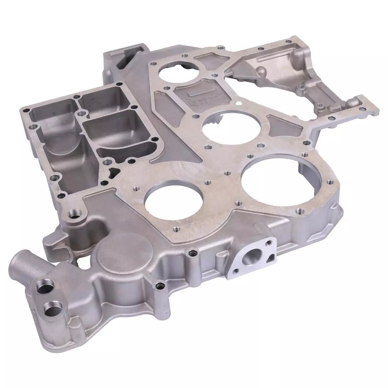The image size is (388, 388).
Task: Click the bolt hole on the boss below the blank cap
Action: pos(158,286)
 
